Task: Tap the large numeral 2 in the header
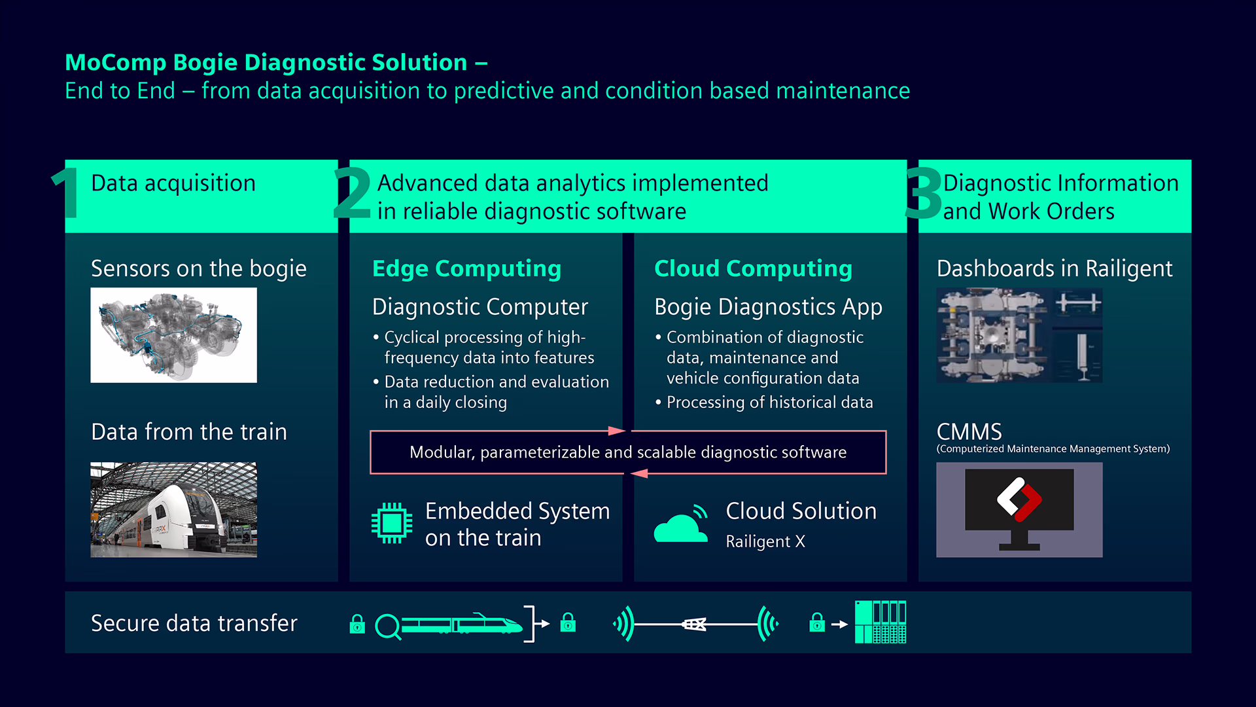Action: click(352, 193)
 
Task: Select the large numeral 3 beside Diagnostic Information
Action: click(923, 193)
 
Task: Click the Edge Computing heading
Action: click(466, 268)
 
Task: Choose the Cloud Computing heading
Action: click(753, 268)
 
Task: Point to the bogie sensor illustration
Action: click(173, 335)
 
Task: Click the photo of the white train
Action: click(173, 510)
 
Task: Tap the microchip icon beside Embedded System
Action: click(392, 523)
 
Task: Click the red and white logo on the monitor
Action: click(1019, 499)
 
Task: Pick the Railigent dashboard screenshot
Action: click(1019, 335)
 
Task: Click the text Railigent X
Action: click(765, 541)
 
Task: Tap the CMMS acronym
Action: click(969, 431)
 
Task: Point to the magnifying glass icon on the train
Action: click(387, 626)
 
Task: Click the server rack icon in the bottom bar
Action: click(881, 622)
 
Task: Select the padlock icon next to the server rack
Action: click(817, 623)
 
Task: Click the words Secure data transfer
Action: click(194, 623)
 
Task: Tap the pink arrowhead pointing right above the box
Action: click(616, 431)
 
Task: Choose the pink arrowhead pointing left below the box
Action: click(640, 473)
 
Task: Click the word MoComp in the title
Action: click(116, 63)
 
